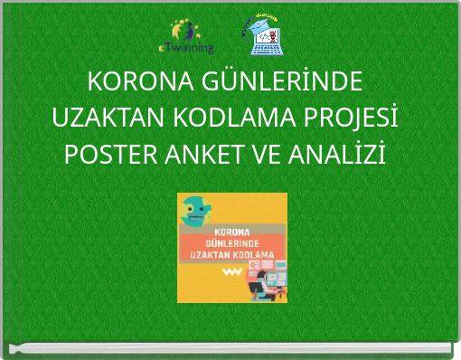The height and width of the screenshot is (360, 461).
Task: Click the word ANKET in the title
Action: (x=198, y=154)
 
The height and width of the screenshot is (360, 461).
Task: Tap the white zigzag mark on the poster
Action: (x=233, y=272)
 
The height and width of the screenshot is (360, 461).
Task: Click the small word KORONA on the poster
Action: (x=231, y=230)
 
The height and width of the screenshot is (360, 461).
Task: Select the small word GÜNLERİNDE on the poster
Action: (x=231, y=243)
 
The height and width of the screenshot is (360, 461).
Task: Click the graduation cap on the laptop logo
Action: (x=264, y=17)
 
